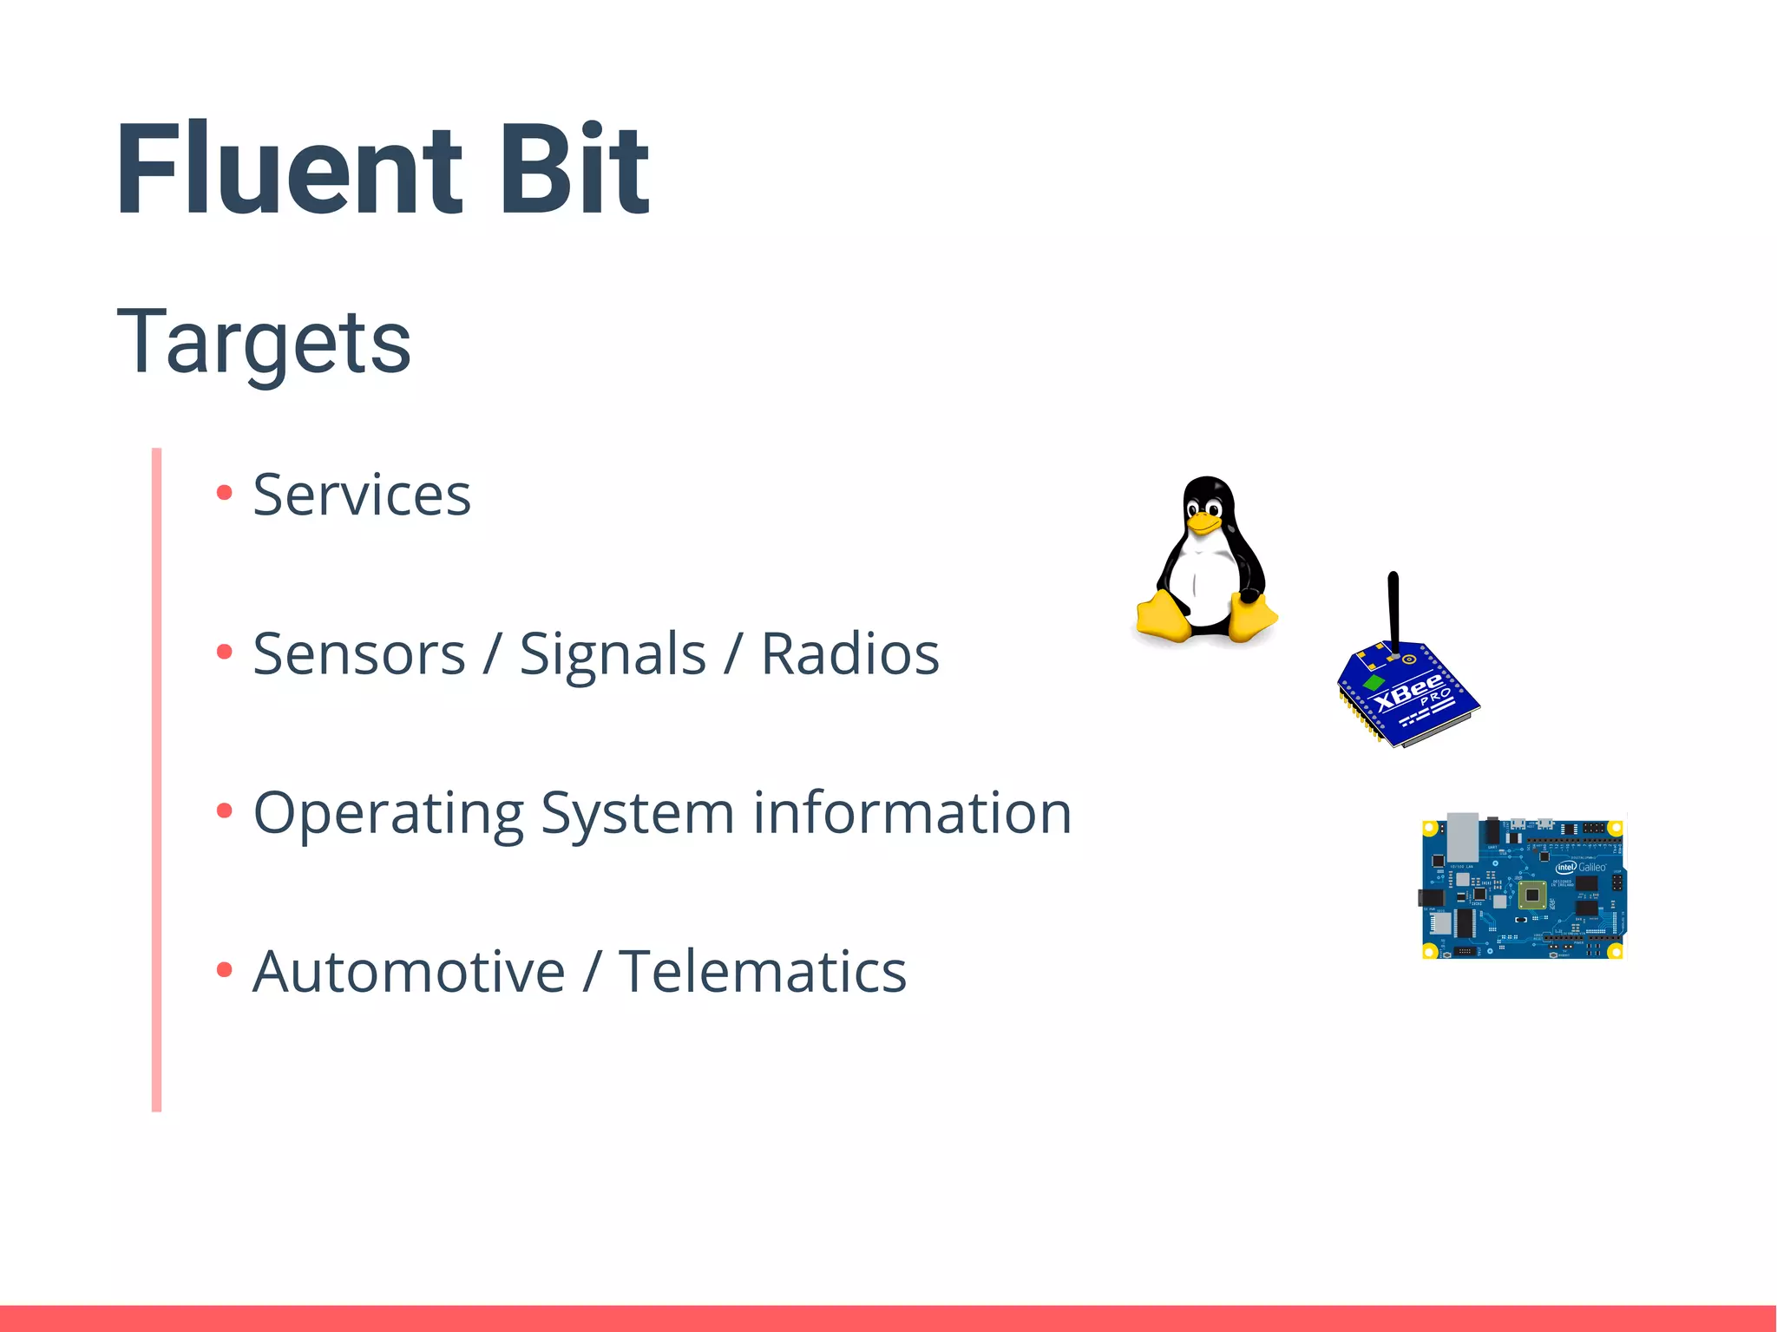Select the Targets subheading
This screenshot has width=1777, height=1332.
pos(264,343)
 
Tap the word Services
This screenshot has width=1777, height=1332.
pos(361,495)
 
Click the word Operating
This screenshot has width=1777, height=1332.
pos(388,814)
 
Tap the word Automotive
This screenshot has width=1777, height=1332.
pos(409,972)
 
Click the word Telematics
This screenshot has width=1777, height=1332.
pos(762,972)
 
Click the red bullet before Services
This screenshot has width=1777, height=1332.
pos(225,493)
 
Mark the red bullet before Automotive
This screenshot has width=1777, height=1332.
pos(225,969)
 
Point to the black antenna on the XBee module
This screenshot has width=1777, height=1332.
pos(1393,607)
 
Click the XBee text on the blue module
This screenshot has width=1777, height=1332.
pos(1407,692)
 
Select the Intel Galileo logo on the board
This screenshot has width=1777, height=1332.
pos(1580,867)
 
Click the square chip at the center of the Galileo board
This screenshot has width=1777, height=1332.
pos(1532,895)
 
